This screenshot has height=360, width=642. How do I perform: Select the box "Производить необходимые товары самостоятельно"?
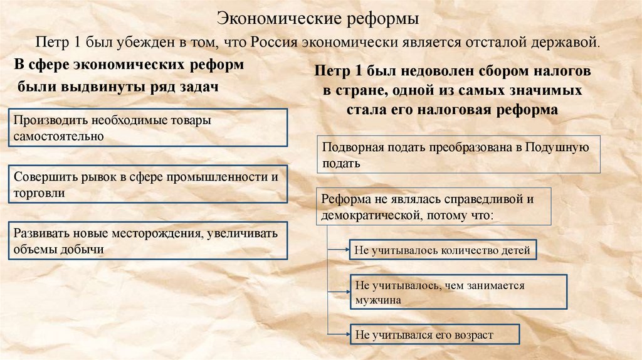coord(149,127)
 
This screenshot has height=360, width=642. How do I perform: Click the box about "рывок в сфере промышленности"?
coord(149,184)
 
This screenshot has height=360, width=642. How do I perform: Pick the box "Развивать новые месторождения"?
coord(149,240)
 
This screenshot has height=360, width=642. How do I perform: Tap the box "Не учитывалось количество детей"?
coord(442,250)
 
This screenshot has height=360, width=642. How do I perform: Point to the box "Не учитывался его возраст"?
coord(433,334)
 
